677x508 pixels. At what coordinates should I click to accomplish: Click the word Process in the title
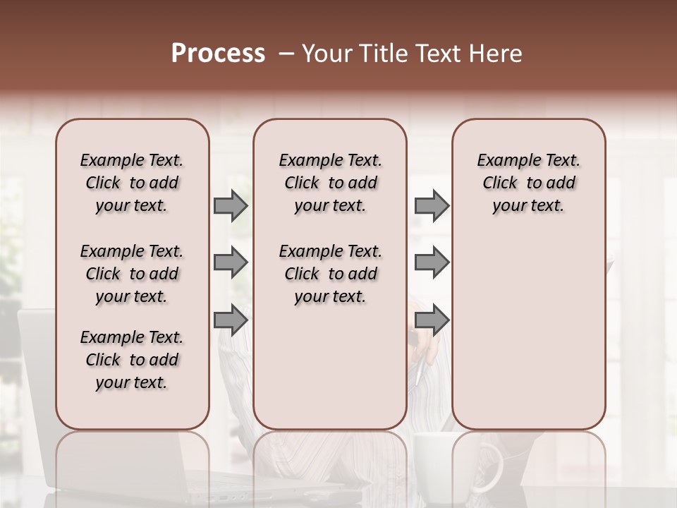[x=218, y=54]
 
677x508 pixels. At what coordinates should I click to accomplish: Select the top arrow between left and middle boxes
[x=231, y=205]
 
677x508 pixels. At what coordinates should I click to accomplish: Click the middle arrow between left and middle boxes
[x=231, y=263]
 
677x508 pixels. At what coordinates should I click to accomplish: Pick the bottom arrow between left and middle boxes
[x=231, y=320]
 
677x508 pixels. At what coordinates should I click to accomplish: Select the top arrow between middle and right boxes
[x=432, y=205]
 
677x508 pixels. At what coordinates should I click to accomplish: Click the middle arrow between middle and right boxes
[x=432, y=263]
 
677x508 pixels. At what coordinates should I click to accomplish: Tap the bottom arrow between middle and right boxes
[x=432, y=320]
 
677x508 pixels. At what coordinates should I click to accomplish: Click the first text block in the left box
[x=132, y=183]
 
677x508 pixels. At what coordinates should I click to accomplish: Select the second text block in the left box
[x=132, y=274]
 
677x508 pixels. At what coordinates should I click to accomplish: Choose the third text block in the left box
[x=132, y=360]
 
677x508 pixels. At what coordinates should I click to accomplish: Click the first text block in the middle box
[x=330, y=183]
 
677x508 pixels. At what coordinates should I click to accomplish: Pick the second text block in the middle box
[x=330, y=274]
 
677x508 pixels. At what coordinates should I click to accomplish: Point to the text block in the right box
[x=528, y=183]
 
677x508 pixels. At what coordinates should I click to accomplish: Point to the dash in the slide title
[x=286, y=54]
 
